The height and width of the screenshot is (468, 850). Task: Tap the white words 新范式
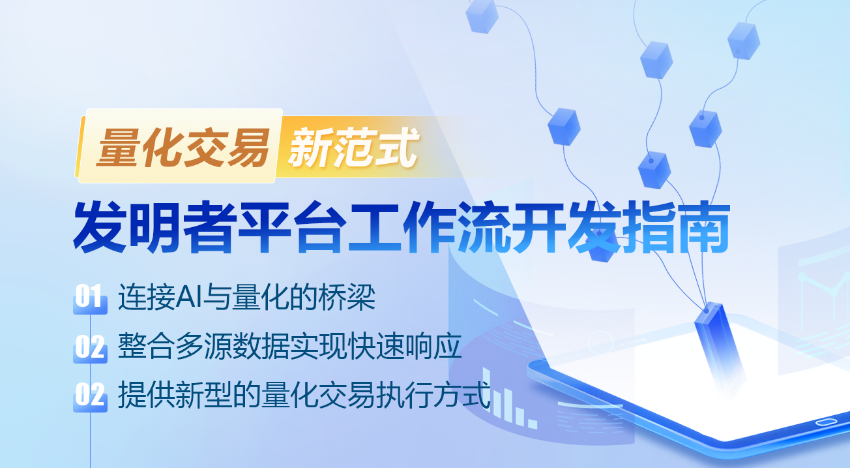353,147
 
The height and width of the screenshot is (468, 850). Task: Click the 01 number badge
90,297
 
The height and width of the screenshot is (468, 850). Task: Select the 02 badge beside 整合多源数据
90,347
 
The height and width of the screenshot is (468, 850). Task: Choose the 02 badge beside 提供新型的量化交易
90,395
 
